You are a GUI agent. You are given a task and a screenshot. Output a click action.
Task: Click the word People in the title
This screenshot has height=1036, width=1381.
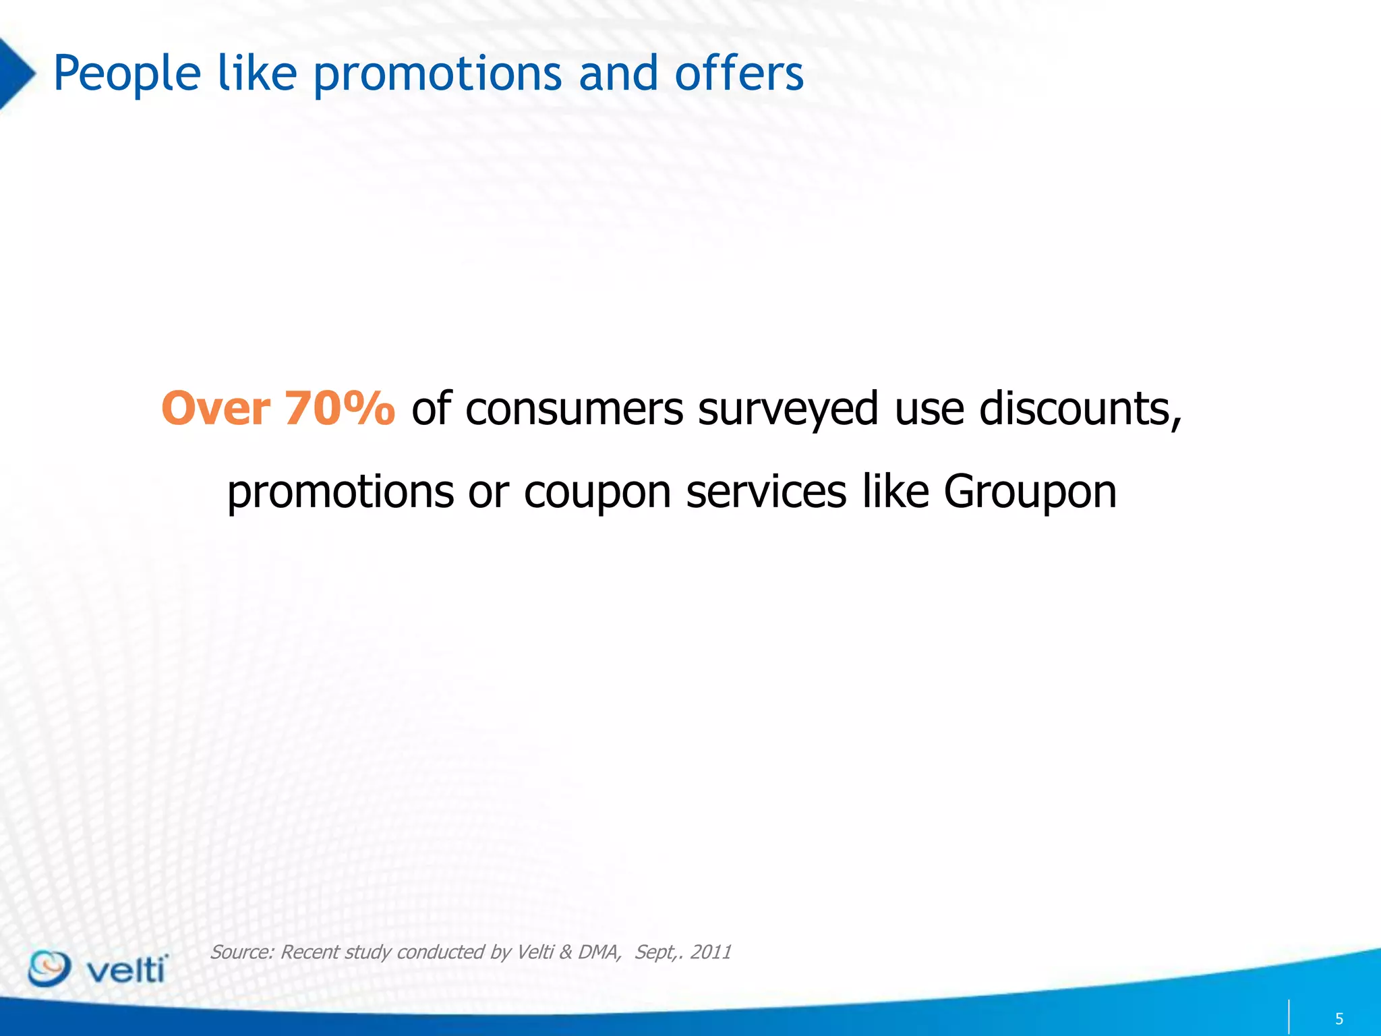(127, 74)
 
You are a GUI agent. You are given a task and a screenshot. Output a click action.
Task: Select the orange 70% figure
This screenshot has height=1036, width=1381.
(340, 409)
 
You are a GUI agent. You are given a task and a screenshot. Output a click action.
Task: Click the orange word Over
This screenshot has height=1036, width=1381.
(216, 409)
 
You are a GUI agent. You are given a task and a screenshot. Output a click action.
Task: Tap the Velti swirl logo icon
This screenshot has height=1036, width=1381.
(49, 969)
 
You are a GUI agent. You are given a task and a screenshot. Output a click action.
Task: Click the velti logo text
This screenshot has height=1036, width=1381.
(127, 970)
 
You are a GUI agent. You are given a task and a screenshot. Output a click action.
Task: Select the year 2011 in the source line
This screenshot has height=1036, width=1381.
(711, 952)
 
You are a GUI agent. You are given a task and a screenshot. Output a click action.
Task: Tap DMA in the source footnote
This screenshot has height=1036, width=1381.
(598, 952)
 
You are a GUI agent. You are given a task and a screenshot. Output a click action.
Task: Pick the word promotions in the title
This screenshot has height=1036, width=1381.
(437, 74)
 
